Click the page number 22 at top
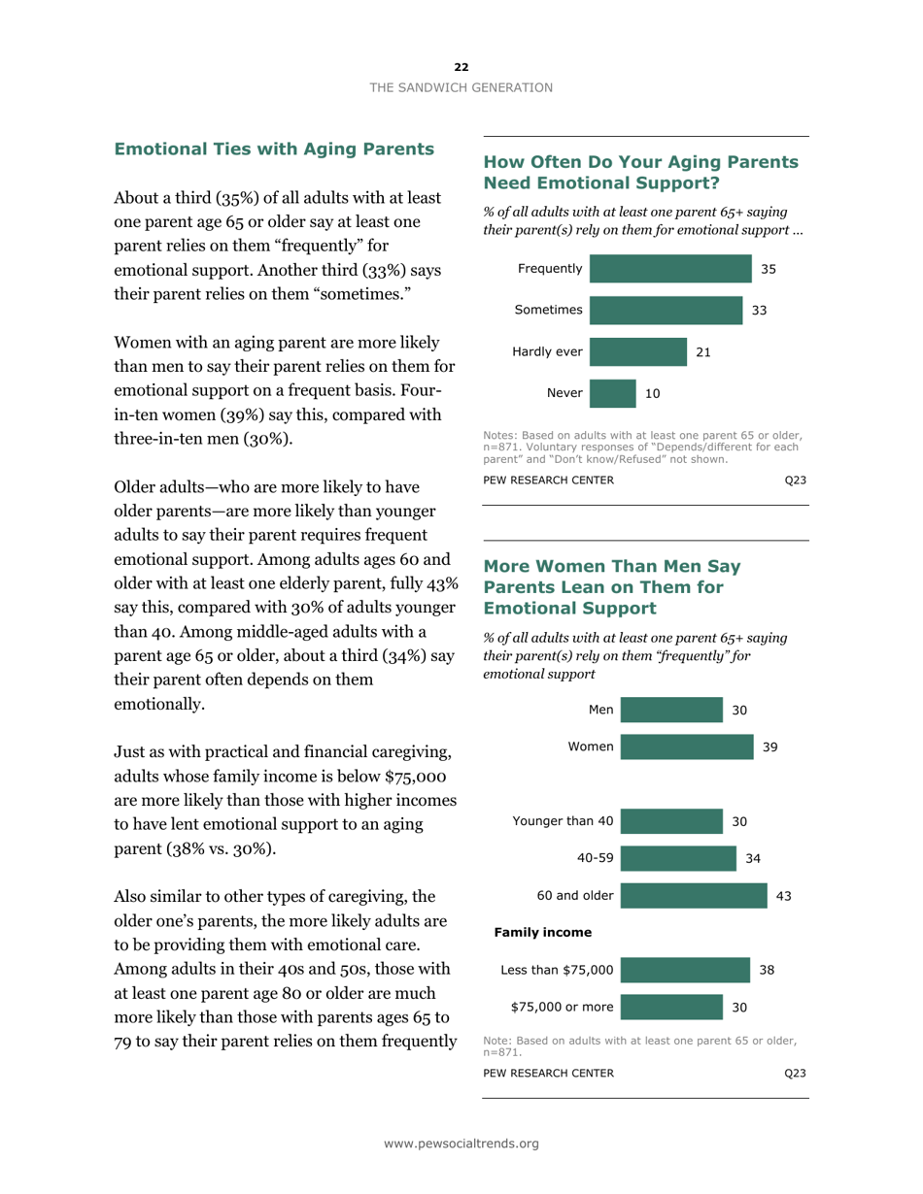461,66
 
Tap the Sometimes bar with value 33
666,311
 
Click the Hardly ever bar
637,352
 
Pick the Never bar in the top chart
613,393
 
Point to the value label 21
703,352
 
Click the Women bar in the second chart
686,746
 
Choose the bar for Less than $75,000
684,969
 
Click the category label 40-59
594,858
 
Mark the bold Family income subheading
543,932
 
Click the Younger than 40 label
563,821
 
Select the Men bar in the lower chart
671,710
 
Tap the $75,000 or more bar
671,1006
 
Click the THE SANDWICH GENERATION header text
461,86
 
